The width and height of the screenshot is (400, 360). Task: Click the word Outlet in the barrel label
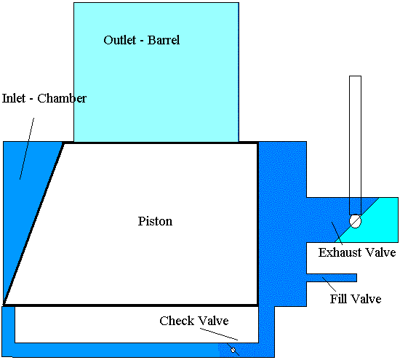[120, 40]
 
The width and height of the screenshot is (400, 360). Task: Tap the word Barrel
[164, 40]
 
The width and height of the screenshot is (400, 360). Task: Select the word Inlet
[14, 98]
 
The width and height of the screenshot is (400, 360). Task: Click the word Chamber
[62, 98]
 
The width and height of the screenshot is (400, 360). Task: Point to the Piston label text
[155, 221]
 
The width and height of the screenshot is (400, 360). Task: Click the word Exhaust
[340, 252]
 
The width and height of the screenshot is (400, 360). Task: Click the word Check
[177, 321]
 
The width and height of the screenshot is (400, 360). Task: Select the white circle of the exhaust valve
[356, 221]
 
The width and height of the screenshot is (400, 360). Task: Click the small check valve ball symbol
[233, 350]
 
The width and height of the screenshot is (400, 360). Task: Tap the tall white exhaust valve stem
[355, 145]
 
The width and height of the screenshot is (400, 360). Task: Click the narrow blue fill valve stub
[332, 278]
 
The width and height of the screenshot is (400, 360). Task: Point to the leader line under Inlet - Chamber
[27, 148]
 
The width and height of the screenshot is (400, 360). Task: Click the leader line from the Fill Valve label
[329, 284]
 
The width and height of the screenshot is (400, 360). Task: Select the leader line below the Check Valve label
[219, 334]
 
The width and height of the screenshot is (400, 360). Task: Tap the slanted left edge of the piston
[33, 223]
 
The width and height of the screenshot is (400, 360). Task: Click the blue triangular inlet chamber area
[24, 194]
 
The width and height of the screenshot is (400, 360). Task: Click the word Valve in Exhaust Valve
[380, 252]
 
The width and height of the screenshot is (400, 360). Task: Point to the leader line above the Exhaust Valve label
[337, 233]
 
